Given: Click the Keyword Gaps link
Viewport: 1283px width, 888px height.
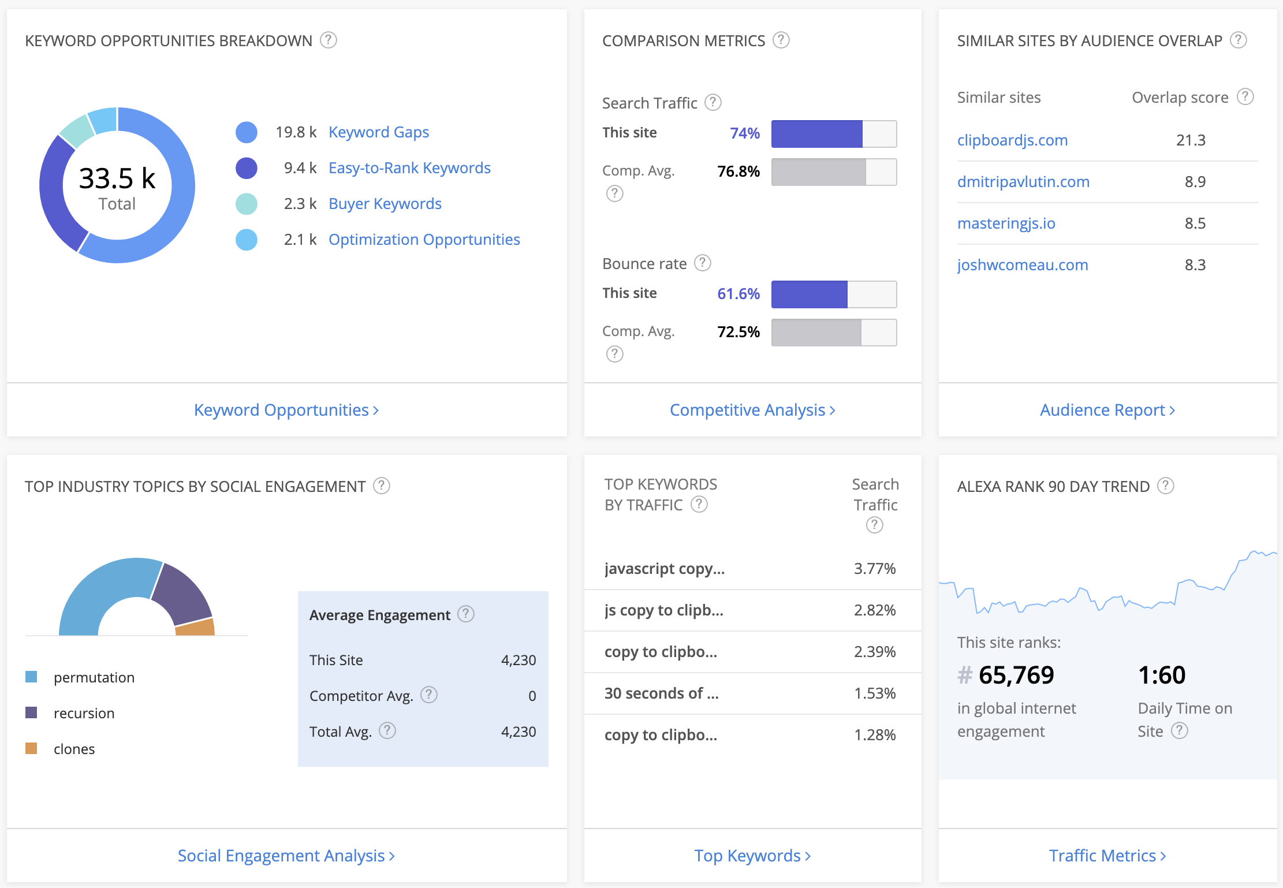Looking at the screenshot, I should (378, 132).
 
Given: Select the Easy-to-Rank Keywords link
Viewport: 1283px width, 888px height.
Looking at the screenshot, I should (409, 168).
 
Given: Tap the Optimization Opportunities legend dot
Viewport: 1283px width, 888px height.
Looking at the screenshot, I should (247, 240).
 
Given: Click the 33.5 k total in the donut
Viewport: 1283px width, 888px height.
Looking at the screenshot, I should (117, 178).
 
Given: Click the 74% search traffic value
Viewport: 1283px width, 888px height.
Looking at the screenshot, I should (744, 133).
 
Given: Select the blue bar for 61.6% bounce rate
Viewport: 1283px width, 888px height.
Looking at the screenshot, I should (809, 294).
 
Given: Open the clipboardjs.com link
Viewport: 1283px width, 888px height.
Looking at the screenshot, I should (1012, 140).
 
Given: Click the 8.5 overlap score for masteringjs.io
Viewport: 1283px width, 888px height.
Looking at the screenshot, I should (1194, 223).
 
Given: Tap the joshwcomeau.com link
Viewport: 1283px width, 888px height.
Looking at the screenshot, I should (1022, 265).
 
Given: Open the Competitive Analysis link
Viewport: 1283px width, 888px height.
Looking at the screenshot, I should (752, 410).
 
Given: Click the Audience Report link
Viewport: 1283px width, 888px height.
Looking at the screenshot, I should (1107, 410).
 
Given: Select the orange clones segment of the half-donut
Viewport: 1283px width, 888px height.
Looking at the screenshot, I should (196, 628).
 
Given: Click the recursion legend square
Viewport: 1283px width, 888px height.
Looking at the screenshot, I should (32, 712).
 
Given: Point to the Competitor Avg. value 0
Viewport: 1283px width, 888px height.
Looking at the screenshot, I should (532, 696).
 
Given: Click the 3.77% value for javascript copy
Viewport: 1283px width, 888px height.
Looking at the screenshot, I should (874, 569).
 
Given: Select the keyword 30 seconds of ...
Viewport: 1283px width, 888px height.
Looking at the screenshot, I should (661, 693).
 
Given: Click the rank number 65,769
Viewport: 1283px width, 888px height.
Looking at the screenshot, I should (1016, 675).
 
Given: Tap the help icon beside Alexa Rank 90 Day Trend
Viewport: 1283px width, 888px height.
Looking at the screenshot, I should (1165, 486).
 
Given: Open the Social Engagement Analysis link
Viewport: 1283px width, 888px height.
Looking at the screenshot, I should (286, 856).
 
